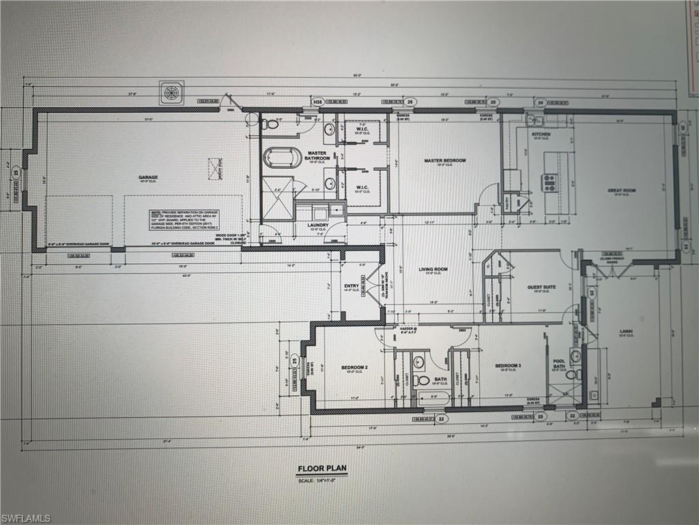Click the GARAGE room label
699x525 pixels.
tap(148, 177)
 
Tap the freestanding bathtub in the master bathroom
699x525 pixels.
tap(282, 157)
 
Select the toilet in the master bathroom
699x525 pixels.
tap(271, 124)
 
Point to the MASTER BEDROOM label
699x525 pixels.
tap(444, 161)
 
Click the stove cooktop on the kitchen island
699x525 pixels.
tap(550, 182)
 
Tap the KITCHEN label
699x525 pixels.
tap(541, 135)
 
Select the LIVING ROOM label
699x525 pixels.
tap(433, 269)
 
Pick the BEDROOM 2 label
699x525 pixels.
tap(354, 367)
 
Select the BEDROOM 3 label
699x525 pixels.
tap(508, 365)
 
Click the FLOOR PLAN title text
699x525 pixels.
tap(322, 469)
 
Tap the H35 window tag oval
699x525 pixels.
tap(317, 102)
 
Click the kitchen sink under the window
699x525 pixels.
tap(533, 120)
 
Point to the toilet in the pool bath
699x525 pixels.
tap(572, 374)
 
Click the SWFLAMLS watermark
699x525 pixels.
tap(26, 518)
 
